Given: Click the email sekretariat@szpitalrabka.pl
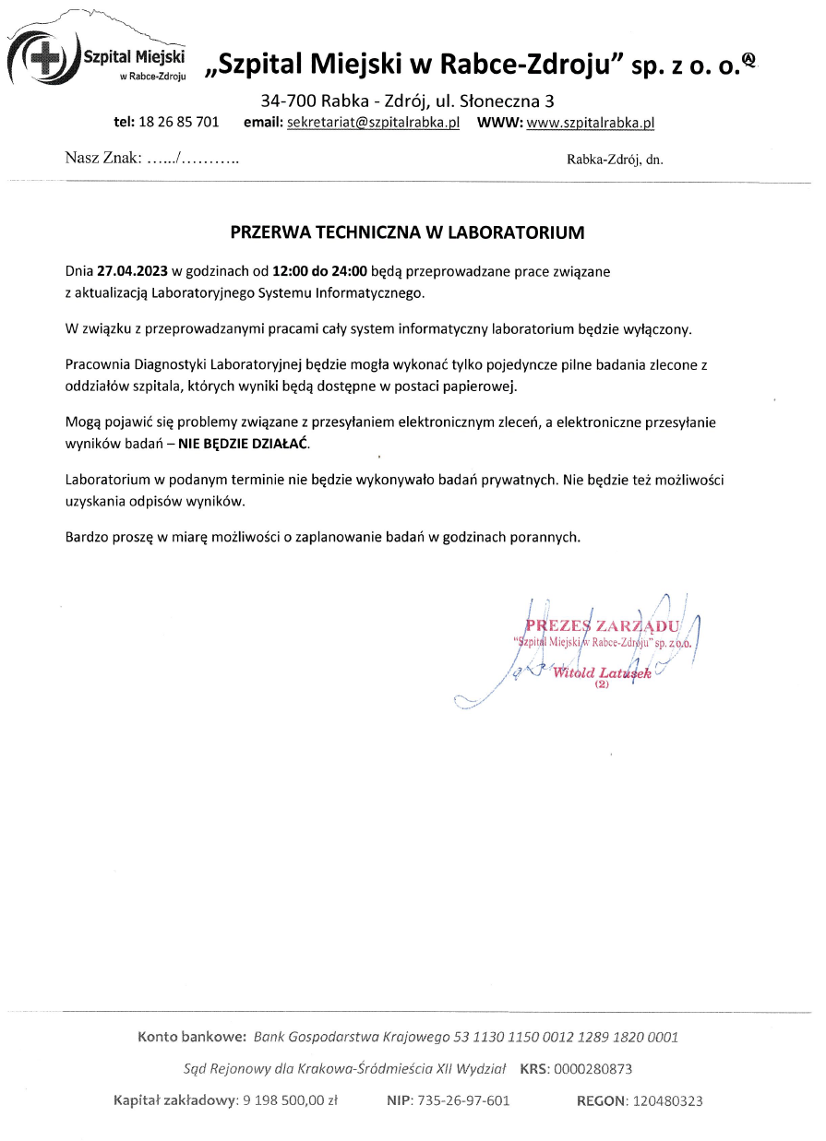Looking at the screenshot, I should (x=373, y=122).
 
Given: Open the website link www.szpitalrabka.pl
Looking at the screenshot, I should (x=590, y=122).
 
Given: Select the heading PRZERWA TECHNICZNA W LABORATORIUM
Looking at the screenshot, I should (x=407, y=232).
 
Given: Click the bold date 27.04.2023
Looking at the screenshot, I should (x=133, y=272).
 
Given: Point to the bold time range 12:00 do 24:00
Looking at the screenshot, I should (x=320, y=272).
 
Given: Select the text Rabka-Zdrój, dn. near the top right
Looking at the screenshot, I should (x=615, y=160).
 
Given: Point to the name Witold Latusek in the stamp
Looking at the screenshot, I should (x=602, y=672).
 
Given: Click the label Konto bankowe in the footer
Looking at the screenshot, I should (x=191, y=1037).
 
